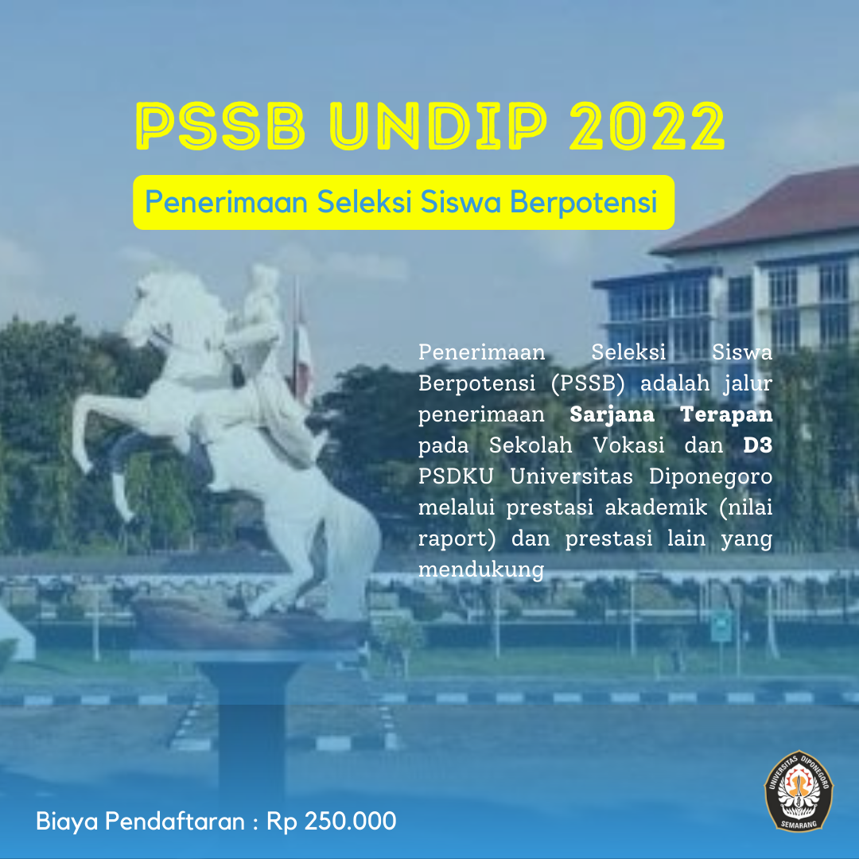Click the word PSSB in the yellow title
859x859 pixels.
pos(220,126)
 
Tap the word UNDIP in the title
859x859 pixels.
pos(438,126)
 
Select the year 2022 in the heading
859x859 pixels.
pos(647,126)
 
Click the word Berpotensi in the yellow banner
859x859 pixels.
pos(584,202)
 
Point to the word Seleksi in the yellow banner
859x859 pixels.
pos(364,201)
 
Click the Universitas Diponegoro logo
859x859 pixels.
pos(799,791)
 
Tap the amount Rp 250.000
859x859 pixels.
pos(331,821)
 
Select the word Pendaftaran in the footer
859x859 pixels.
pos(175,821)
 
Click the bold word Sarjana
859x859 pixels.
pos(612,414)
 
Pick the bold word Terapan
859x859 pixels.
pos(726,414)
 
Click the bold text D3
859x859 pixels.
pos(758,445)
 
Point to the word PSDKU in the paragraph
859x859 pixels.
pos(456,476)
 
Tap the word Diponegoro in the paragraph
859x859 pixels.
pos(710,477)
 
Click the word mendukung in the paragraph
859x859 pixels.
pos(481,569)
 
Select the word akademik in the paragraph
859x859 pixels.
pos(655,507)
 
